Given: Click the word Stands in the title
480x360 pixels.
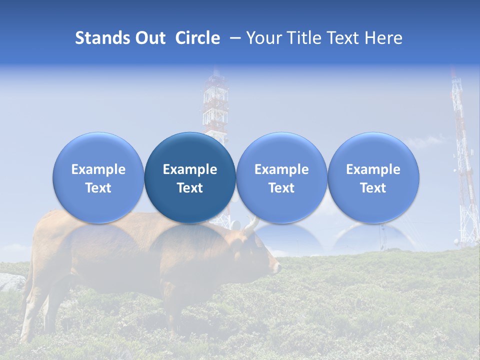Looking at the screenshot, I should pos(103,38).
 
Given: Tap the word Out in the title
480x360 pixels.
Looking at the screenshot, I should pos(150,38).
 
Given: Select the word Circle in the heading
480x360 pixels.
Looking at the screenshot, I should pos(197,38).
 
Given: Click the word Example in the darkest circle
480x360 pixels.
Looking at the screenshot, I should pos(190,169).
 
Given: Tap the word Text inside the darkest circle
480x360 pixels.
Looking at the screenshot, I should pos(190,188).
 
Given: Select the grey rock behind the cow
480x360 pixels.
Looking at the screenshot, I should pos(11,282).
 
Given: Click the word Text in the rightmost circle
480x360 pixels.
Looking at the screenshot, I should pos(373,188).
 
